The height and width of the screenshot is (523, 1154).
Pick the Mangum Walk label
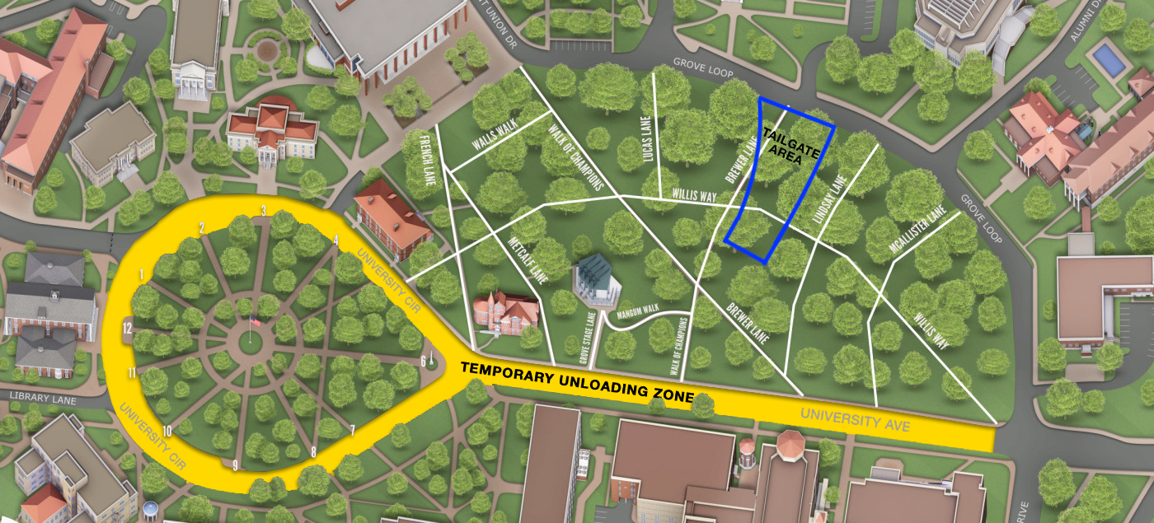click(637, 310)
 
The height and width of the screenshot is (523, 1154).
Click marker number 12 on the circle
click(127, 328)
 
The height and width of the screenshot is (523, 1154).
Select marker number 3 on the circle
click(263, 211)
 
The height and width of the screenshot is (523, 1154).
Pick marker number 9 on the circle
click(235, 465)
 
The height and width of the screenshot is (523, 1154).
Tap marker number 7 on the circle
click(352, 430)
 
